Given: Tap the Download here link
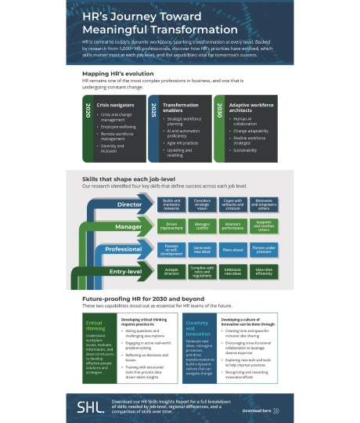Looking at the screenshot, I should pyautogui.click(x=257, y=410).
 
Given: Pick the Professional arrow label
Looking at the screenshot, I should pyautogui.click(x=122, y=249).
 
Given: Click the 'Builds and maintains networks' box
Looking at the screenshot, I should pyautogui.click(x=171, y=205).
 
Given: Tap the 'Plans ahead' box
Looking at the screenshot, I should pyautogui.click(x=232, y=249).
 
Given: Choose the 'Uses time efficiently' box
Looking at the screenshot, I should pyautogui.click(x=264, y=271).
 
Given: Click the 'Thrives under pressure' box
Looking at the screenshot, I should pyautogui.click(x=264, y=249).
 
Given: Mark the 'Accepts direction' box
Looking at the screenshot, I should pyautogui.click(x=171, y=271).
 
